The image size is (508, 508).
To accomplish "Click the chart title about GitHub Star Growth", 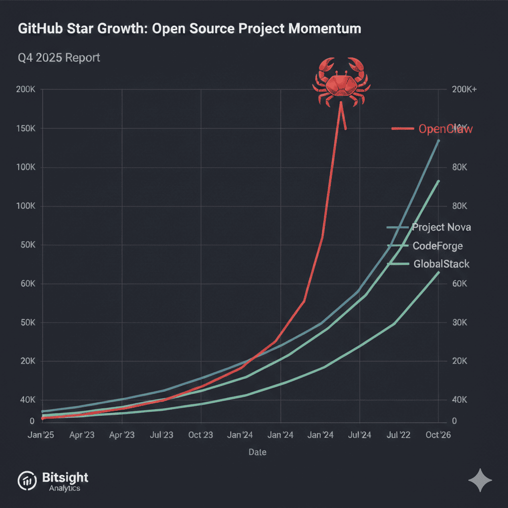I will click(190, 29).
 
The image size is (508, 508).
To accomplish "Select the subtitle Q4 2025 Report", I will click(59, 58).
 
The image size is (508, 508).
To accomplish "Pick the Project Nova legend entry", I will click(441, 228).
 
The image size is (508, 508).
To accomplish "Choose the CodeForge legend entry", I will click(437, 246).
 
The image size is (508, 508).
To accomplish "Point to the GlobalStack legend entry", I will click(441, 264).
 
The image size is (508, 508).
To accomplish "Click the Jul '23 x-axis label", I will click(161, 435).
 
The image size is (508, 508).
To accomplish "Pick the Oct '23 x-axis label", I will click(200, 435).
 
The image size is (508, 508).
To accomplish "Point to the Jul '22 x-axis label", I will click(398, 435).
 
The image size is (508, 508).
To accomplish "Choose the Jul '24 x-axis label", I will click(359, 435).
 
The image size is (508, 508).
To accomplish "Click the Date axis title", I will click(257, 452).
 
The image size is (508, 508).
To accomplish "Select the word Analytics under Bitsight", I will click(64, 488).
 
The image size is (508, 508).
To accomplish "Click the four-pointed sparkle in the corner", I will click(480, 480).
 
